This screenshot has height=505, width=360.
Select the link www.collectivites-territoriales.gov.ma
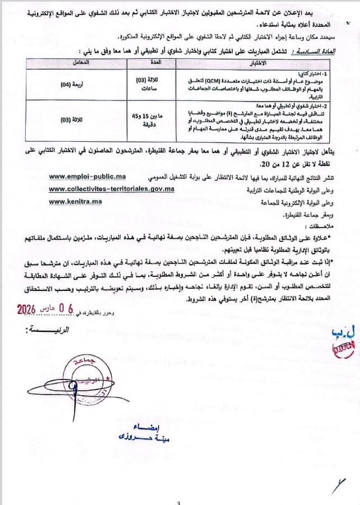112,189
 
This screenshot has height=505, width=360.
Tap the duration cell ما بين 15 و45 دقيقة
149,119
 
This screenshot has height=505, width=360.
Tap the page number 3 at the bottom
178,502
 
